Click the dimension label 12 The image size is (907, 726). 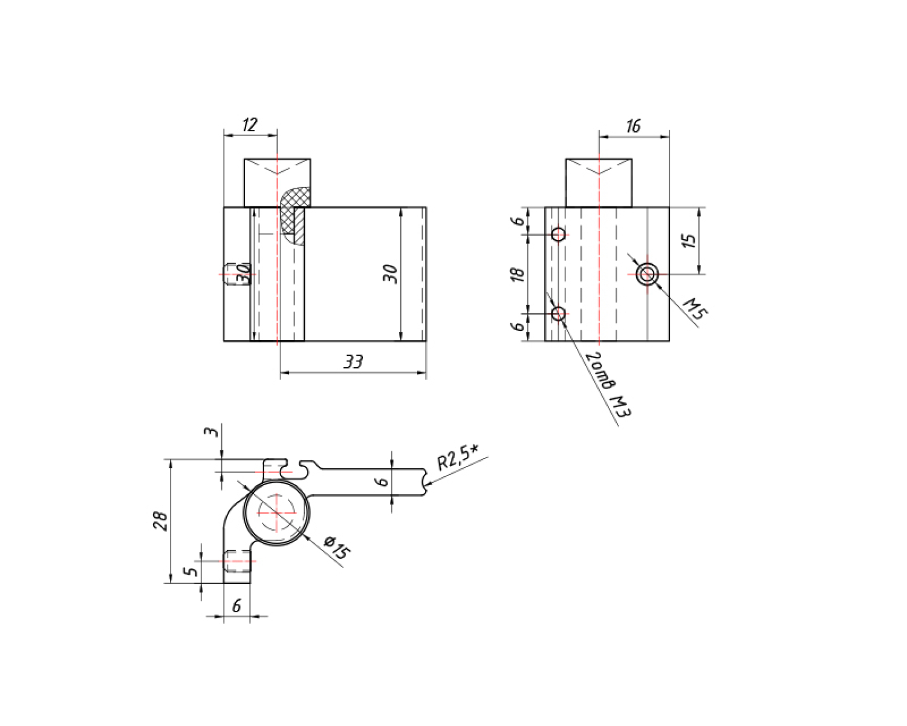click(250, 125)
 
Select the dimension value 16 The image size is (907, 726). click(633, 126)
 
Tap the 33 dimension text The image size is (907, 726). click(353, 362)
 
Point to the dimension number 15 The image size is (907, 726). click(689, 240)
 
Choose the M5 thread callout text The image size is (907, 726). click(695, 309)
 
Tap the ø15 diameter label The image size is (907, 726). click(337, 547)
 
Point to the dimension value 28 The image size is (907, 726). click(161, 521)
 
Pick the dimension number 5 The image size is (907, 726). click(192, 572)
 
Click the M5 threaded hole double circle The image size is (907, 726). click(647, 274)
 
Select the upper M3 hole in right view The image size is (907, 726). click(559, 234)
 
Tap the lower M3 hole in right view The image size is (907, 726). click(559, 313)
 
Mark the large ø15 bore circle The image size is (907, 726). click(276, 512)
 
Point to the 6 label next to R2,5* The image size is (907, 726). click(383, 482)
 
